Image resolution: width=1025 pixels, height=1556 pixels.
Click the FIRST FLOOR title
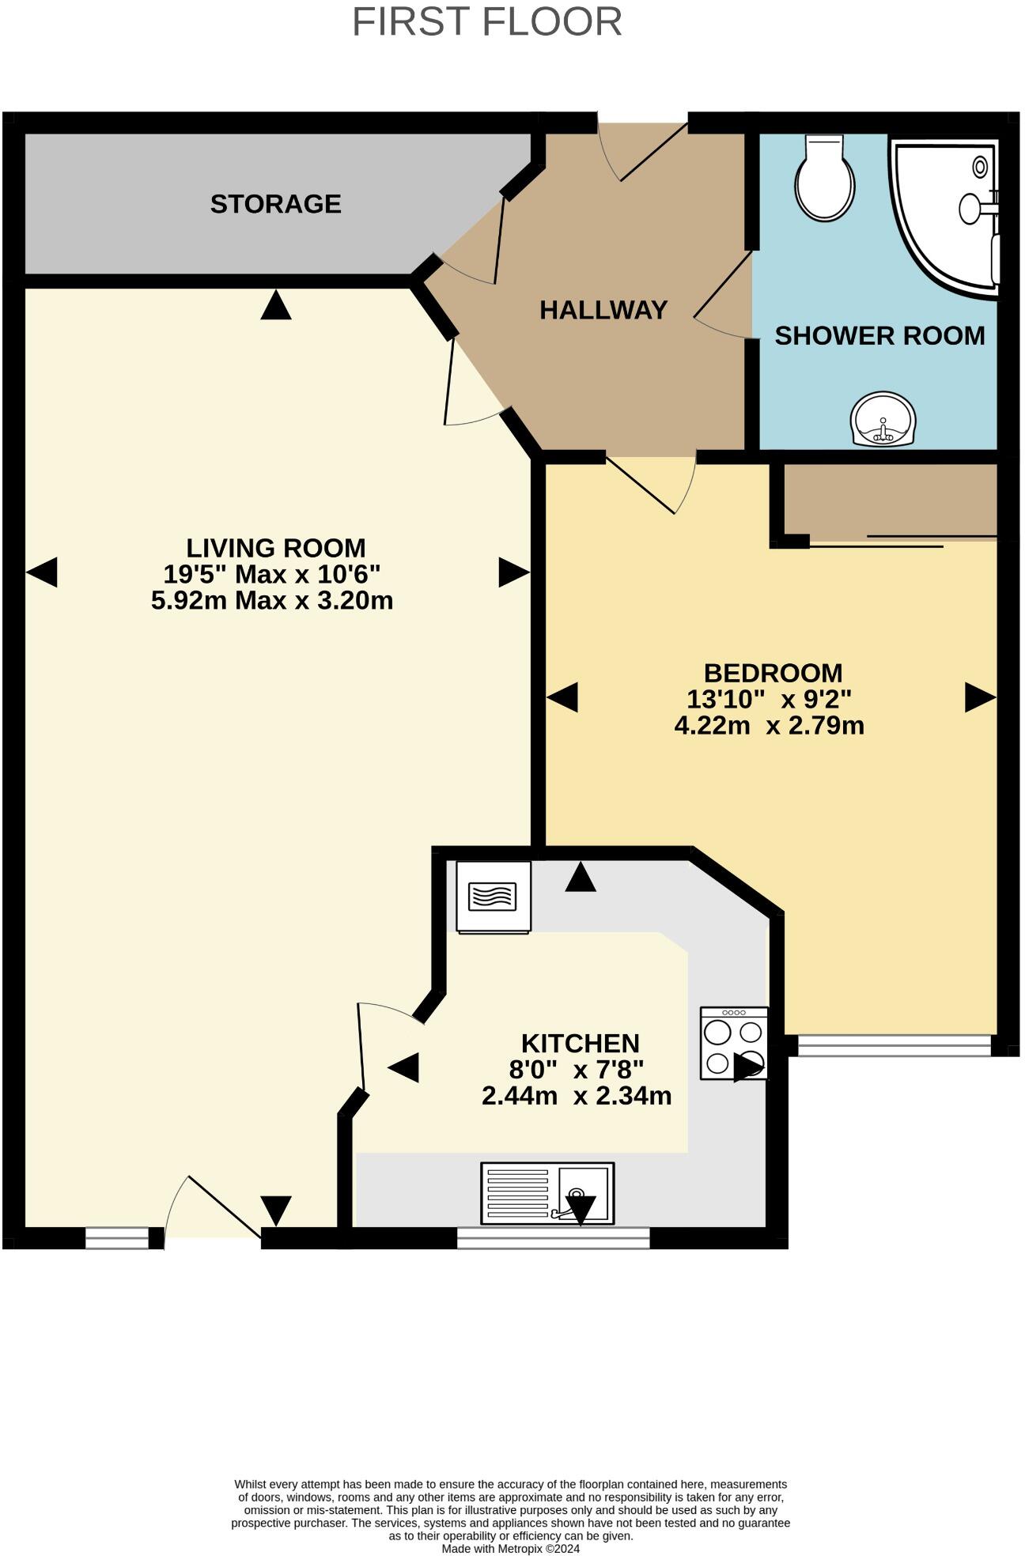pos(486,22)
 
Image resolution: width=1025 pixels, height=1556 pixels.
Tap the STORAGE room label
pos(275,204)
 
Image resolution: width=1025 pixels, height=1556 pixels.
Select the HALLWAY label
pos(603,310)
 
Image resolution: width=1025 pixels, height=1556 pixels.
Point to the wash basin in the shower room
pos(883,420)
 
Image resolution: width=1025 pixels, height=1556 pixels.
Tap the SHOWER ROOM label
pos(879,336)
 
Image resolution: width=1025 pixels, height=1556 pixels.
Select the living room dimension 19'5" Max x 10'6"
pos(272,574)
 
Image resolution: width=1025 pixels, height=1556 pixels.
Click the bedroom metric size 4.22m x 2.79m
pos(769,725)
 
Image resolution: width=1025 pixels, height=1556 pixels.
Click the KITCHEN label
pos(580,1043)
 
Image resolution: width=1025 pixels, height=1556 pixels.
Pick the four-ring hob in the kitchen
pos(734,1043)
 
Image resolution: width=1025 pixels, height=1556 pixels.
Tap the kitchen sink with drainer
pos(547,1193)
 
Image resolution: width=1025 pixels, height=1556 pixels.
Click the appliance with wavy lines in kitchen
pos(494,897)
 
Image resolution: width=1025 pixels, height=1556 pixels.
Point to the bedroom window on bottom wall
pos(894,1045)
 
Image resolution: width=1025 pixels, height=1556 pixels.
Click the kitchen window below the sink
pos(553,1237)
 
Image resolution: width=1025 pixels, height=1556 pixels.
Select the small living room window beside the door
pos(117,1237)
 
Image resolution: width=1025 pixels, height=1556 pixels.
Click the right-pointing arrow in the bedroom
pos(980,697)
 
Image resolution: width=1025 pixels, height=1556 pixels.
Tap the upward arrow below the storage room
pos(276,305)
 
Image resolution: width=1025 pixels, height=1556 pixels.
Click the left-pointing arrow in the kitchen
pos(403,1068)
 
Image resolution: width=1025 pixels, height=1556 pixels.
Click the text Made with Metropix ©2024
pos(510,1548)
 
